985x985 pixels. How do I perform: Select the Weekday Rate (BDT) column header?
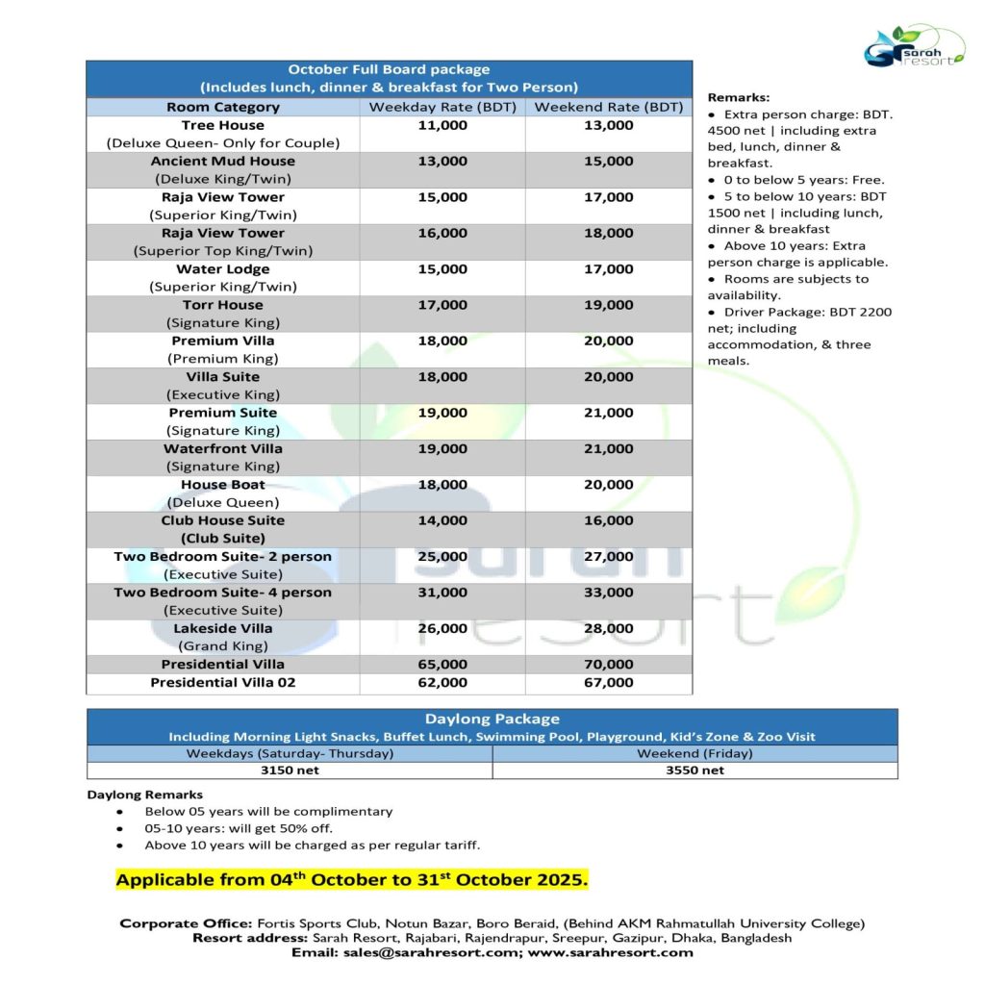coord(442,107)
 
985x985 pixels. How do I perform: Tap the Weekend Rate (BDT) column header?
coord(608,107)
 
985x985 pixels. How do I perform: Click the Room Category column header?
coord(222,107)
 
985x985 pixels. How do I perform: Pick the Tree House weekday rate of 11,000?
coord(442,125)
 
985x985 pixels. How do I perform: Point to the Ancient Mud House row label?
coord(222,161)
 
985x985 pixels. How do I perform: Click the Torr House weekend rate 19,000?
coord(608,305)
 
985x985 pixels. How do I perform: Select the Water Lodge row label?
coord(222,269)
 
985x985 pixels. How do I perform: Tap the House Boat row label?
coord(222,485)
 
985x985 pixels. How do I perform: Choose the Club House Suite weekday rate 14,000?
coord(442,520)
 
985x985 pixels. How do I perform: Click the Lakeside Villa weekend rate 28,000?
coord(608,628)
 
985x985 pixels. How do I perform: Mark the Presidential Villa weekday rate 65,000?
coord(442,664)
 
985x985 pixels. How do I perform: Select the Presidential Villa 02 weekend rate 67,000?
coord(608,682)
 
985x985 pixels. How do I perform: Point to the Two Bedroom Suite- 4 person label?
coord(222,593)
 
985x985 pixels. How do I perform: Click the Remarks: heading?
coord(737,97)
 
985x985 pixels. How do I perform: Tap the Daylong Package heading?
coord(492,719)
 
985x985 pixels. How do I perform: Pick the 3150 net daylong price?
coord(290,770)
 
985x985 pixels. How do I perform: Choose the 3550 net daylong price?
coord(695,770)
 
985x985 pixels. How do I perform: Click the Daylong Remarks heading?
coord(144,795)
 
